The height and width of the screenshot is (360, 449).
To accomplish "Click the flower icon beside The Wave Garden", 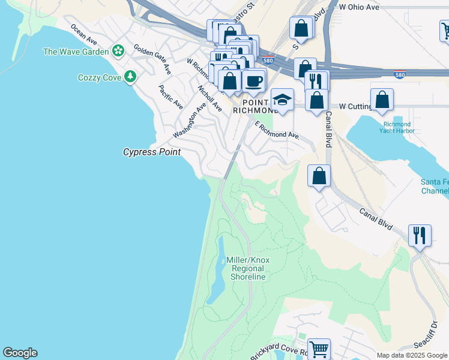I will pyautogui.click(x=118, y=52).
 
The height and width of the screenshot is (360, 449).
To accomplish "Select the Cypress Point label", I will pyautogui.click(x=152, y=152).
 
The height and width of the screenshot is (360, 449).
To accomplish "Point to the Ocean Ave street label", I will pyautogui.click(x=83, y=35).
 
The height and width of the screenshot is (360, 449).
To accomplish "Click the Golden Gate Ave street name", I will pyautogui.click(x=152, y=59).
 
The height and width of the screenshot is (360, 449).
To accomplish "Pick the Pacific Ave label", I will pyautogui.click(x=170, y=97).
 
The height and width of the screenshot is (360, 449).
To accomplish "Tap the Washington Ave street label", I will pyautogui.click(x=190, y=119).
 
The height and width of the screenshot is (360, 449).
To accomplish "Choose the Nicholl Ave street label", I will pyautogui.click(x=210, y=98).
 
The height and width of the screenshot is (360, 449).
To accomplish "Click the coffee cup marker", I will pyautogui.click(x=254, y=80).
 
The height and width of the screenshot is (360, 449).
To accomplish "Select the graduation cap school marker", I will pyautogui.click(x=282, y=99).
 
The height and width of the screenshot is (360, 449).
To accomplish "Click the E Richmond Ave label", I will pyautogui.click(x=277, y=131).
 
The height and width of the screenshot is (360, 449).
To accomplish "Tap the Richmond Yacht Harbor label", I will pyautogui.click(x=397, y=127).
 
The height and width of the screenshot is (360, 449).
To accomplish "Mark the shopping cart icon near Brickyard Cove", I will pyautogui.click(x=319, y=347).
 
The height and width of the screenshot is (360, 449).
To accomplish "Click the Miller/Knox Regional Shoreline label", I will pyautogui.click(x=246, y=268).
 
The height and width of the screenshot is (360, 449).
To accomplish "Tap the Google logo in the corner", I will pyautogui.click(x=20, y=353).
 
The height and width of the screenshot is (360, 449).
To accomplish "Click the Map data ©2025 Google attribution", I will pyautogui.click(x=411, y=355).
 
